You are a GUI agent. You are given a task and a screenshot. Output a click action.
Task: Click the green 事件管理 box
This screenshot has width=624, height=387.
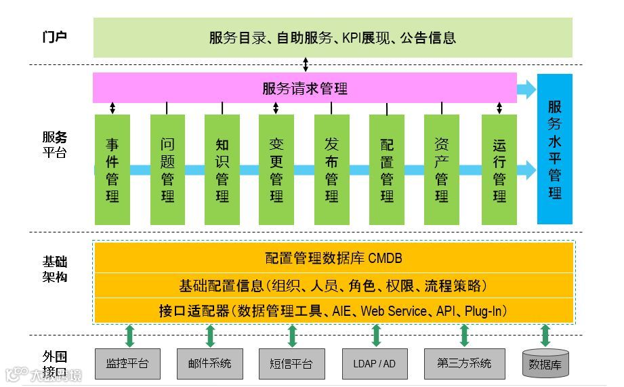pos(112,169)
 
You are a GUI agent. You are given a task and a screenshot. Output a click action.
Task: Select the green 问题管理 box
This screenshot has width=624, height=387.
pos(167,169)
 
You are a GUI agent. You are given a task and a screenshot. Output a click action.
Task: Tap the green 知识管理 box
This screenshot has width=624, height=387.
pos(222,169)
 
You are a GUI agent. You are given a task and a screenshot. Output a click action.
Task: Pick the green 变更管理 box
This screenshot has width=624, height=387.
pos(276,169)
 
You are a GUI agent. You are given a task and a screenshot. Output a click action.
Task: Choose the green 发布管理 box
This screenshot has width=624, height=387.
pos(331,169)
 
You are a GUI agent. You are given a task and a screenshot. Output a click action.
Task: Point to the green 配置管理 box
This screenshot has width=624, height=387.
pos(386,169)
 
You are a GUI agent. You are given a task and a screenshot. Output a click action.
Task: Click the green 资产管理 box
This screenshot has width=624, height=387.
pos(441,169)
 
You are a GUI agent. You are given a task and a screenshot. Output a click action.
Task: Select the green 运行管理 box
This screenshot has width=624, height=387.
pos(499,169)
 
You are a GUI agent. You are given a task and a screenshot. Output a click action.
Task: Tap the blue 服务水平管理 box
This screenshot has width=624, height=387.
pos(554,149)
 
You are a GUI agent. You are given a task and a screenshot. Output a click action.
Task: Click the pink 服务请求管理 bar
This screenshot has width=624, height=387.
pos(305,88)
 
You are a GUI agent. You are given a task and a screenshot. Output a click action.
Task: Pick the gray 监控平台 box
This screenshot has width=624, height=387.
pos(127,364)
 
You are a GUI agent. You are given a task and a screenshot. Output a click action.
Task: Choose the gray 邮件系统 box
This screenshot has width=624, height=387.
pos(209,364)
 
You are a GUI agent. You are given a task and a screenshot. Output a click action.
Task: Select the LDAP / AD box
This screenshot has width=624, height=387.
pos(374,364)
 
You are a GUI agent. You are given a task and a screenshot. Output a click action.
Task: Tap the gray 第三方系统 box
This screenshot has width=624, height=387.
pos(464,363)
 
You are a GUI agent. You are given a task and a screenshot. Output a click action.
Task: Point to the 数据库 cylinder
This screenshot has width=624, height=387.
pos(545,364)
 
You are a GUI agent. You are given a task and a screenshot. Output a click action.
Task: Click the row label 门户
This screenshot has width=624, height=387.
pos(54,37)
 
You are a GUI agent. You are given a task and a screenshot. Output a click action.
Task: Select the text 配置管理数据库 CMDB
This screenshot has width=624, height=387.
pos(333,258)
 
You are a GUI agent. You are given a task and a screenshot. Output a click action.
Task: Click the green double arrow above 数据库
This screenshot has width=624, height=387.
pos(545,335)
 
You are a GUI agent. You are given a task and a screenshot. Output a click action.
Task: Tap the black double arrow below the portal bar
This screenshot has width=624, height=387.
pos(306,65)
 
